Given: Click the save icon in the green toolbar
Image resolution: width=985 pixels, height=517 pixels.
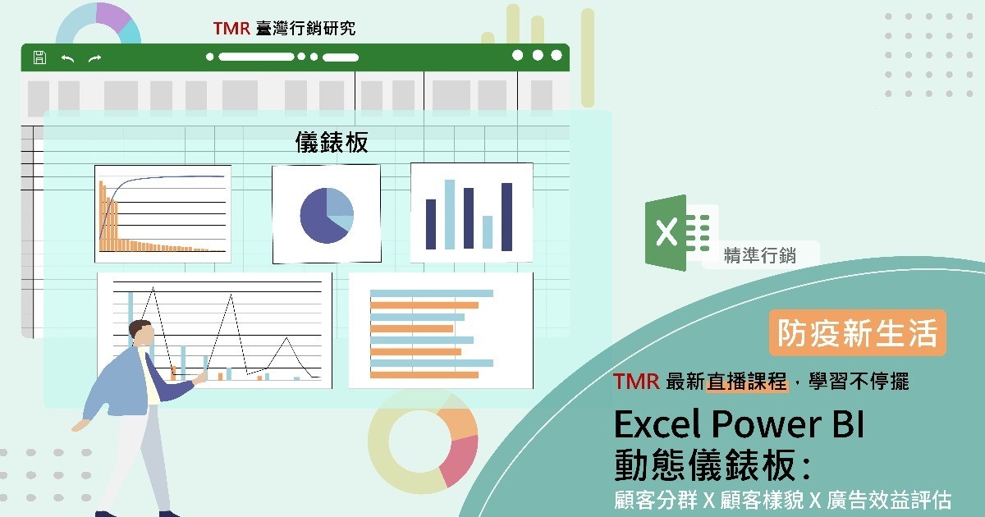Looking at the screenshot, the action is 39,57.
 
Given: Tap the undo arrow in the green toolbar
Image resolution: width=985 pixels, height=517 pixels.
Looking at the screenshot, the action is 67,58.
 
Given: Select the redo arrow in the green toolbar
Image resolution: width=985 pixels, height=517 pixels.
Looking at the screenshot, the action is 95,58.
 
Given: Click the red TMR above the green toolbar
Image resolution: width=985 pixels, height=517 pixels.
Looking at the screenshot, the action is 231,29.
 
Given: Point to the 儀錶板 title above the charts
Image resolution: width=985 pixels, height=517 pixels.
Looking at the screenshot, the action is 332,142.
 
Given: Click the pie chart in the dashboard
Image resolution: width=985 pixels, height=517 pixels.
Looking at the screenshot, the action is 327,215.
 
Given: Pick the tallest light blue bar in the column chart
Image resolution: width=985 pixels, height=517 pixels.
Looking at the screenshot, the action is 450,214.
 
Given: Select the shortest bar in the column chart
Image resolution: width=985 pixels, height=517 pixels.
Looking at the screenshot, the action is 488,232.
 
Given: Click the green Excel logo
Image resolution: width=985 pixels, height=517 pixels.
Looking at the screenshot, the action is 677,233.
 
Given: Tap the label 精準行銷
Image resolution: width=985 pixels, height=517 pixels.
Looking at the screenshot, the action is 760,255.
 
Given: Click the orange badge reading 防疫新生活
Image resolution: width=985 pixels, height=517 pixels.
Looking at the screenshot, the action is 858,333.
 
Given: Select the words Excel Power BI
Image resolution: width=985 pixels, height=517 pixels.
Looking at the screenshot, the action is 740,424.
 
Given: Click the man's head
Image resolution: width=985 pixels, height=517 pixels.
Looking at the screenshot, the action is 141,333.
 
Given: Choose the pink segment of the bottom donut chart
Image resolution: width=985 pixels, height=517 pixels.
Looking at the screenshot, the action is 460,460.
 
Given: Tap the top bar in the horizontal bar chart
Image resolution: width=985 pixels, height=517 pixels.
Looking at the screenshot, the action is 432,293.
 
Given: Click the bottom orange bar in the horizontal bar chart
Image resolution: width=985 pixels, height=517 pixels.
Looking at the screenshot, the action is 424,375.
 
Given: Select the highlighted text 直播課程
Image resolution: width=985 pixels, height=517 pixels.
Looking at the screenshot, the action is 747,381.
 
